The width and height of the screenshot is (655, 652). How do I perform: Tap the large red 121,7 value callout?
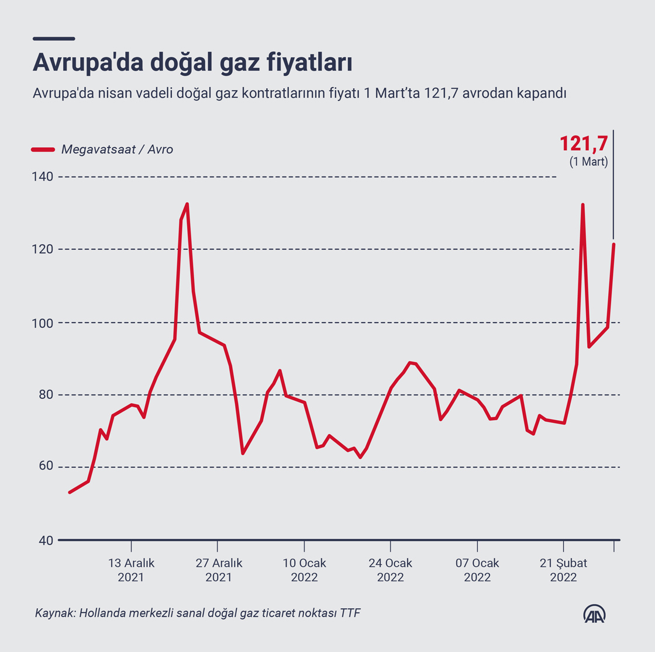pyautogui.click(x=584, y=144)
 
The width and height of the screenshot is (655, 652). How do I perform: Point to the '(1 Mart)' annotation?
pyautogui.click(x=588, y=162)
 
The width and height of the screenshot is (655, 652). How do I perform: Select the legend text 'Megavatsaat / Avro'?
pyautogui.click(x=117, y=150)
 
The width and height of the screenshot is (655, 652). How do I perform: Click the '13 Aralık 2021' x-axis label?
pyautogui.click(x=131, y=570)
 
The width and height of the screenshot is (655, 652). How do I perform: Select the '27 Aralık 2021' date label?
pyautogui.click(x=218, y=570)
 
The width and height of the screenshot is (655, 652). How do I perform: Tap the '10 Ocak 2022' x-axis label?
pyautogui.click(x=304, y=570)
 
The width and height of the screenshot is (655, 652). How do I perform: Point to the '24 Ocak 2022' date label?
pyautogui.click(x=390, y=570)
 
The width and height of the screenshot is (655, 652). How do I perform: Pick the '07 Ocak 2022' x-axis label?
pyautogui.click(x=477, y=570)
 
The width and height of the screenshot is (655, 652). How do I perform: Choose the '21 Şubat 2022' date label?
pyautogui.click(x=563, y=570)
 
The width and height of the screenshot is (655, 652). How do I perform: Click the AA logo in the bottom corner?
pyautogui.click(x=594, y=613)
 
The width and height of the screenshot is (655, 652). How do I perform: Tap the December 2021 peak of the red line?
pyautogui.click(x=187, y=204)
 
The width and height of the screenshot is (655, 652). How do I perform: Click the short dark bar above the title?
pyautogui.click(x=54, y=39)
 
